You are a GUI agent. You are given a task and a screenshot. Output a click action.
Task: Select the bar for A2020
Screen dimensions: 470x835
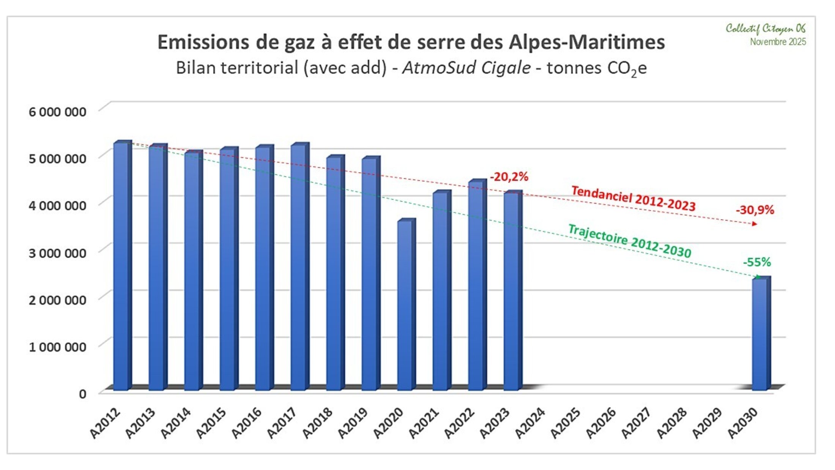click(x=405, y=306)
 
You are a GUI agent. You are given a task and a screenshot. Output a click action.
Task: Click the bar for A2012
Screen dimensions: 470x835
click(x=121, y=266)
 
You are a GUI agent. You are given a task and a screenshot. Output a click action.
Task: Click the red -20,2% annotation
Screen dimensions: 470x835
click(x=509, y=177)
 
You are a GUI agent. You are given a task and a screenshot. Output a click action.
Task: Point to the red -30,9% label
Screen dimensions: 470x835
click(x=755, y=210)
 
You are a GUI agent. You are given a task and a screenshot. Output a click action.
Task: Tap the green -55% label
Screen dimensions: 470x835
click(x=757, y=262)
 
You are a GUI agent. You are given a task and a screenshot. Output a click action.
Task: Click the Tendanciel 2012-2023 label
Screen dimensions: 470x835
click(x=633, y=198)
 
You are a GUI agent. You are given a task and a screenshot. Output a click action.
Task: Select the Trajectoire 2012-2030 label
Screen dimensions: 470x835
click(x=629, y=241)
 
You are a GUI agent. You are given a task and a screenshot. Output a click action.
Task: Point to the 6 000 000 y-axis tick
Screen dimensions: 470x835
click(x=57, y=112)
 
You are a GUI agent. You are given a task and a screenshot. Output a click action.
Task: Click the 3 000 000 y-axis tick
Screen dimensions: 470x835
click(x=57, y=253)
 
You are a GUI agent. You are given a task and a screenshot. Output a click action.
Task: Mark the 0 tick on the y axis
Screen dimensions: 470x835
click(x=82, y=394)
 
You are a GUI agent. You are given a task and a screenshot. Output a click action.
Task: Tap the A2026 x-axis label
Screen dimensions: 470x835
click(x=600, y=423)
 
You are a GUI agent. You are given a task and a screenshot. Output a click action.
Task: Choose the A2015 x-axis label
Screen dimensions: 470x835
click(x=211, y=423)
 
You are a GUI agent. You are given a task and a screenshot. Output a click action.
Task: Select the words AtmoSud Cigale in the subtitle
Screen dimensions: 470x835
click(x=466, y=68)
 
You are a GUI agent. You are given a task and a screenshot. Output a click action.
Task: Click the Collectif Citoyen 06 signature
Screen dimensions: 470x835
click(x=766, y=28)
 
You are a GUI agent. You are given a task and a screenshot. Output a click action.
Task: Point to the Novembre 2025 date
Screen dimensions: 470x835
click(x=778, y=42)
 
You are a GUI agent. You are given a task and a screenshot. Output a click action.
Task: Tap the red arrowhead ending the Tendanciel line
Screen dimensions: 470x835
click(x=755, y=224)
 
